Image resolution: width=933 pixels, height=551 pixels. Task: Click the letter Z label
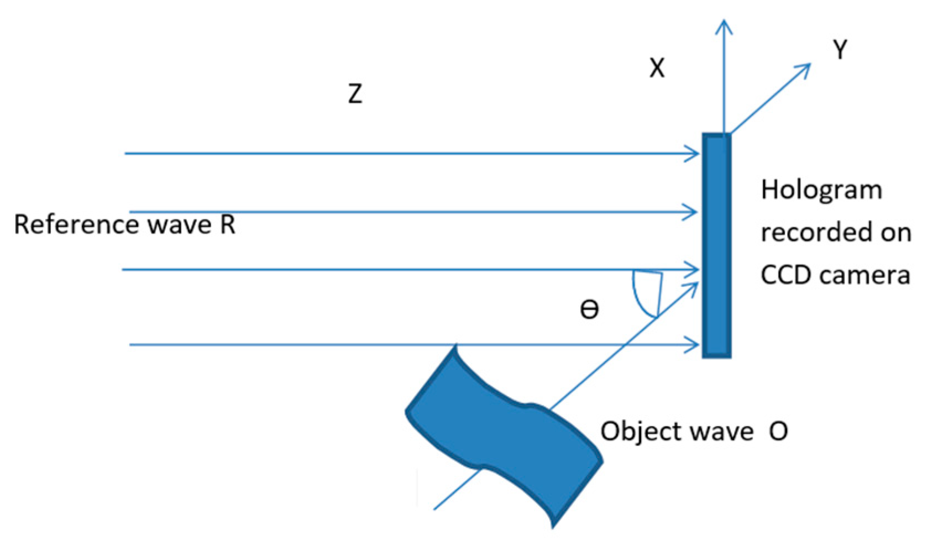pos(355,93)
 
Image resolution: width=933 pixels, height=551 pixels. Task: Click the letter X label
pos(657,69)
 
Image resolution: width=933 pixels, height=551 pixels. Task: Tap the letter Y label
pos(840,50)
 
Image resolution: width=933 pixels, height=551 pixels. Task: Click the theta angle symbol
pos(589,309)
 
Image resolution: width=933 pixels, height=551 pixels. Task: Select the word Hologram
pos(821,191)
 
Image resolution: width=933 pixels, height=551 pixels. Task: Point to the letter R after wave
pos(228,225)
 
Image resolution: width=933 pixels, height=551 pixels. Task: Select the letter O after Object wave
pos(778,432)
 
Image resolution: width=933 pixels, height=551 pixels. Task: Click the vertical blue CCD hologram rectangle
pos(716,245)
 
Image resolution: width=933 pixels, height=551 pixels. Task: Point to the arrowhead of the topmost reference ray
pos(693,154)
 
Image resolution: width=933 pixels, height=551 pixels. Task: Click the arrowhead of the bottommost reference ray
pos(693,345)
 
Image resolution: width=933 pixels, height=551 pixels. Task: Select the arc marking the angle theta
pos(641,298)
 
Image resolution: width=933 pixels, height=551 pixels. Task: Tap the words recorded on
pos(836,233)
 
